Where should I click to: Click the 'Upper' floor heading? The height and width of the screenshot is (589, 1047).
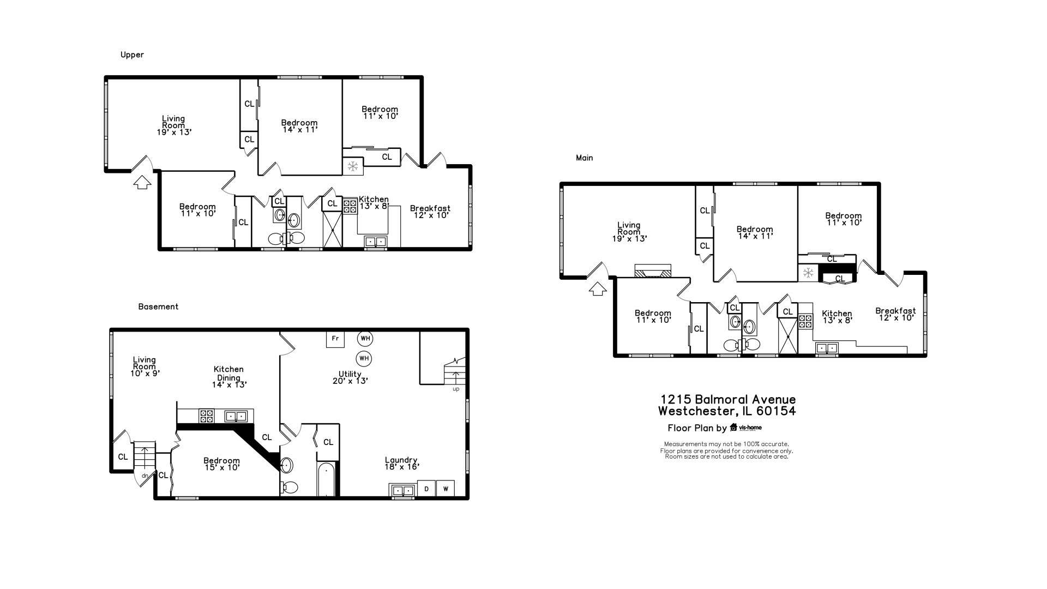[132, 55]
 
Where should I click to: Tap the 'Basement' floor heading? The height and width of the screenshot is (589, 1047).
[158, 306]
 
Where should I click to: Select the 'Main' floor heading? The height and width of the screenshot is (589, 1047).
[584, 158]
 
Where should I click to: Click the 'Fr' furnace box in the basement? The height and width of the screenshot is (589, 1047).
[335, 339]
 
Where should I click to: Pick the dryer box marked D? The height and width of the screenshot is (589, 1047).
[426, 489]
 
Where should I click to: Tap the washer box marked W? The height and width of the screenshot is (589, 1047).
[446, 489]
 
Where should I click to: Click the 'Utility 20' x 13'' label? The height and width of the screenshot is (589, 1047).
[350, 377]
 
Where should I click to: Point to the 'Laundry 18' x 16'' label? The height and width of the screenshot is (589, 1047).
[401, 464]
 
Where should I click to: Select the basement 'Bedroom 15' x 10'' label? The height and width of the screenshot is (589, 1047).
[222, 464]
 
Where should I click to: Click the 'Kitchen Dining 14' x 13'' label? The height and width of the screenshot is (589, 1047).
[229, 377]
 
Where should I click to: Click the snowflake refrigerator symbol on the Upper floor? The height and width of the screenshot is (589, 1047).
[353, 166]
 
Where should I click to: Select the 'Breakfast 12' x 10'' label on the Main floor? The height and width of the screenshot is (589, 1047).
[895, 314]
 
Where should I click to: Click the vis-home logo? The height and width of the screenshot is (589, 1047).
[746, 428]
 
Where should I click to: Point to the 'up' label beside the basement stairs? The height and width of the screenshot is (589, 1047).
[456, 389]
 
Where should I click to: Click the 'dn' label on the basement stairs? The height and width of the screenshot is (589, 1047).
[145, 476]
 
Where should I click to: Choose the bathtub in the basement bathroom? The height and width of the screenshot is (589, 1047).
[326, 479]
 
